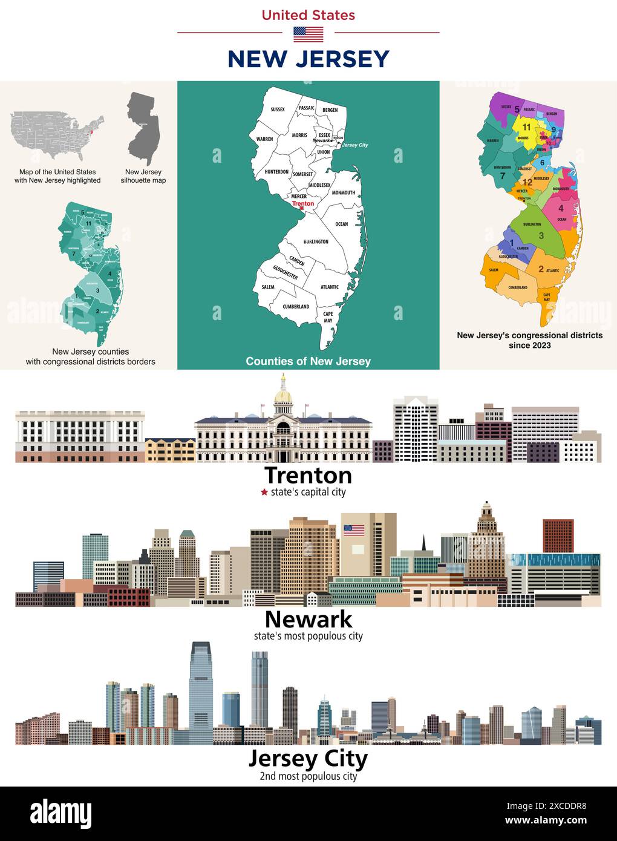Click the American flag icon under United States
click(308, 34)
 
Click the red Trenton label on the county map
click(303, 204)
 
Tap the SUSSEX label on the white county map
click(278, 110)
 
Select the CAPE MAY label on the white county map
click(328, 317)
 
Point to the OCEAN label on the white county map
click(342, 224)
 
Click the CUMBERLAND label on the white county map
click(296, 307)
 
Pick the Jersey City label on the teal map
click(354, 145)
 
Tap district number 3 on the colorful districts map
click(541, 235)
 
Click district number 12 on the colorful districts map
click(527, 182)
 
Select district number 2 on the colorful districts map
click(541, 269)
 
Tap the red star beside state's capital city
click(264, 492)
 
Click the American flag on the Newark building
click(354, 530)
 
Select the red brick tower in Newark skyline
click(558, 535)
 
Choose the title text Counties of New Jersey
click(308, 361)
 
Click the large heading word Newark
click(308, 619)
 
